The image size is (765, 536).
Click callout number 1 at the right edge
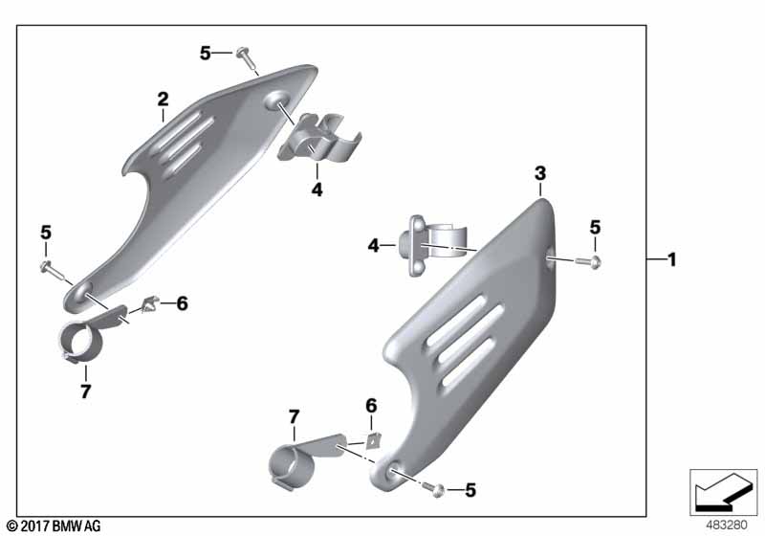[x=672, y=259]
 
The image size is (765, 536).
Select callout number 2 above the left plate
[x=163, y=100]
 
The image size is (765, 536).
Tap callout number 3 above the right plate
[x=540, y=173]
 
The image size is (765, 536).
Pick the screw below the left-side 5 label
[x=52, y=270]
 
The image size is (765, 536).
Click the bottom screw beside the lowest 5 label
[x=433, y=488]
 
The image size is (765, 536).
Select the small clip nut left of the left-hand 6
[x=149, y=305]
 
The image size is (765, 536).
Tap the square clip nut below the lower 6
[x=373, y=440]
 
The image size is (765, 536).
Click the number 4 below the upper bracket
[x=317, y=190]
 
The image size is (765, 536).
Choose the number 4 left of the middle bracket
[x=374, y=246]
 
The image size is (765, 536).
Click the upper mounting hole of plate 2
[x=276, y=100]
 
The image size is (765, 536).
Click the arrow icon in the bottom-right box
[x=723, y=490]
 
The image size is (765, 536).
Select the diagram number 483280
[x=727, y=525]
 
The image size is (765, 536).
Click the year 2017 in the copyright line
[x=34, y=526]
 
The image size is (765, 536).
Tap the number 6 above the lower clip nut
[x=371, y=406]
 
